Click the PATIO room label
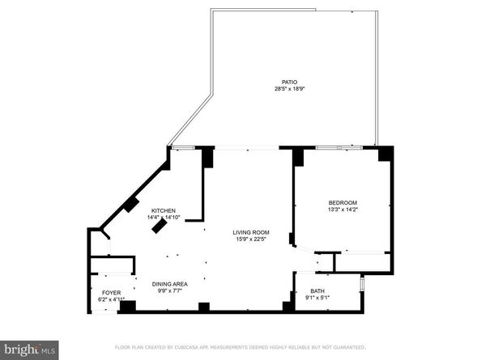coord(289,82)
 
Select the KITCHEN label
coord(163,210)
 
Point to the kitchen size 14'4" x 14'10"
coord(162,217)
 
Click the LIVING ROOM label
coord(252,232)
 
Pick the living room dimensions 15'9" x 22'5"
coord(252,239)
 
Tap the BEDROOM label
coord(343,202)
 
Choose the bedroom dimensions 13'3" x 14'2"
coord(343,209)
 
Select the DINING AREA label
coord(170,283)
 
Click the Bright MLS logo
coord(30,349)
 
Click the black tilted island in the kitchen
coord(161,227)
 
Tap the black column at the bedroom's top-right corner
coord(385,153)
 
